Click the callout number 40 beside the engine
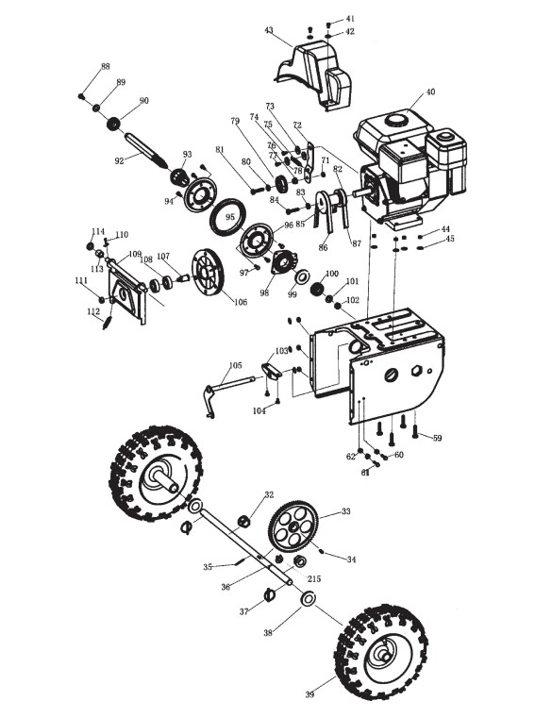(x=430, y=92)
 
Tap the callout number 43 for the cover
(x=269, y=30)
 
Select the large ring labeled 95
(x=228, y=216)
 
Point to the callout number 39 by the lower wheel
(x=309, y=694)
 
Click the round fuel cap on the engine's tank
(x=394, y=120)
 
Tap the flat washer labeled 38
(x=309, y=598)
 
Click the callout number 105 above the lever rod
(x=235, y=365)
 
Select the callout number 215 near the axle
(x=314, y=578)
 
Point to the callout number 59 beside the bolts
(x=438, y=438)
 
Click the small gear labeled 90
(x=113, y=124)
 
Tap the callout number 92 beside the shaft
(x=119, y=161)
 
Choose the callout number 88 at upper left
(x=106, y=66)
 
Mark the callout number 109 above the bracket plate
(x=135, y=254)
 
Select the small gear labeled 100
(x=317, y=290)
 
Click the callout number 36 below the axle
(x=226, y=587)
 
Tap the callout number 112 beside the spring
(x=93, y=311)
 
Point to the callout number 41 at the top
(x=350, y=19)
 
